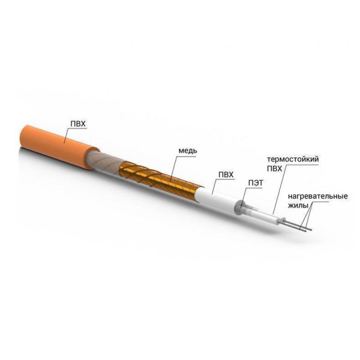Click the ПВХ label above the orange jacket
click(78, 124)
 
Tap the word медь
click(188, 151)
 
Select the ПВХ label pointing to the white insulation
click(226, 175)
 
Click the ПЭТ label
click(256, 183)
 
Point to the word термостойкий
click(293, 160)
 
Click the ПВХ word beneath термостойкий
click(275, 169)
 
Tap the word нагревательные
click(318, 197)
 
